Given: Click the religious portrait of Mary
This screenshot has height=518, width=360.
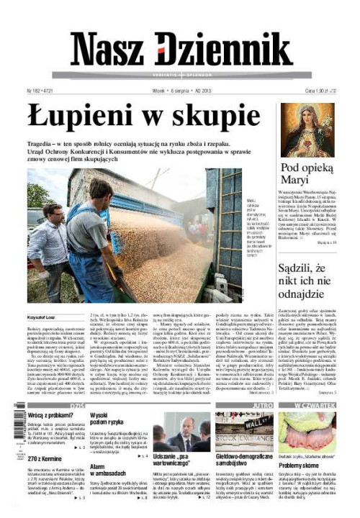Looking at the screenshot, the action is (x=307, y=129).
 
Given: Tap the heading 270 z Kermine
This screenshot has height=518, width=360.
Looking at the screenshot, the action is (x=47, y=458).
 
